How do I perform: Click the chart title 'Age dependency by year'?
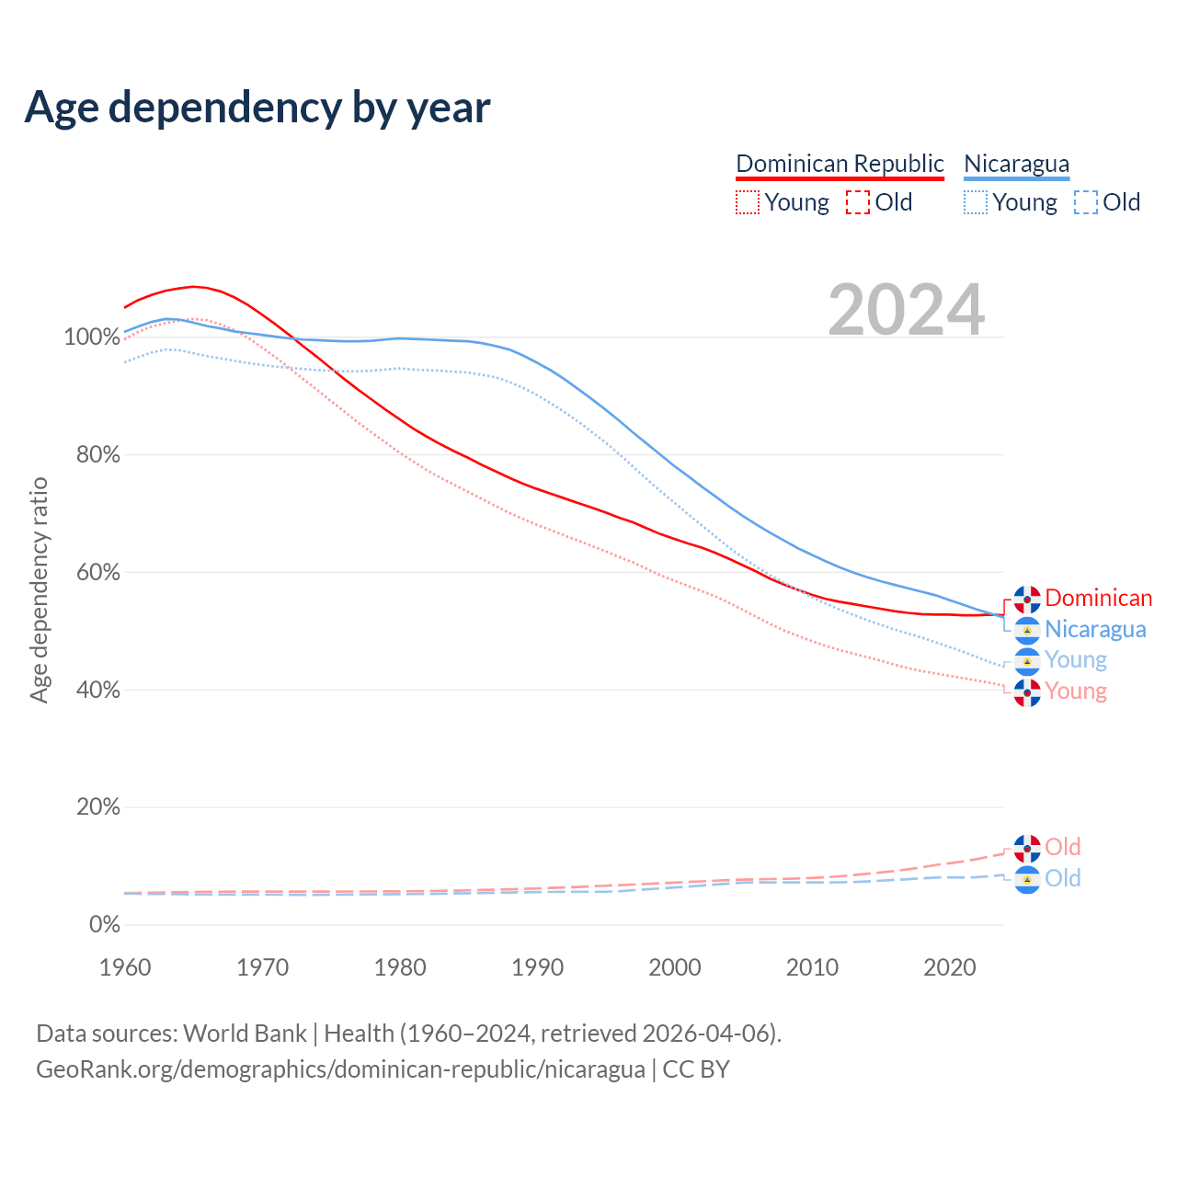tap(257, 108)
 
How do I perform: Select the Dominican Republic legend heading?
tap(840, 164)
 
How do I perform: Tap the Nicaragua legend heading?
tap(1016, 164)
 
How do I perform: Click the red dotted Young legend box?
tap(748, 202)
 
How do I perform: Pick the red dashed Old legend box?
tap(857, 202)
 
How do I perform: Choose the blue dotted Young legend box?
tap(976, 202)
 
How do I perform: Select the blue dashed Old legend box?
tap(1086, 202)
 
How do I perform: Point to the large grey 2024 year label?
tap(906, 310)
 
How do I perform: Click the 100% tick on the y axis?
tap(92, 337)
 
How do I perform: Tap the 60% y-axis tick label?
tap(97, 573)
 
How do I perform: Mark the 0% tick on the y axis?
tap(104, 925)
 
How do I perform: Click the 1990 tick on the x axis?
tap(538, 967)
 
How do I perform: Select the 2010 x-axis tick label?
tap(812, 967)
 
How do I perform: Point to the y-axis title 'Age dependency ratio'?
tap(39, 590)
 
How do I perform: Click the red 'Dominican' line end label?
tap(1098, 599)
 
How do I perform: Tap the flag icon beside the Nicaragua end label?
tap(1027, 630)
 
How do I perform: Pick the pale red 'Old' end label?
tap(1062, 847)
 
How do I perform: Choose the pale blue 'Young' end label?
tap(1075, 660)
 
